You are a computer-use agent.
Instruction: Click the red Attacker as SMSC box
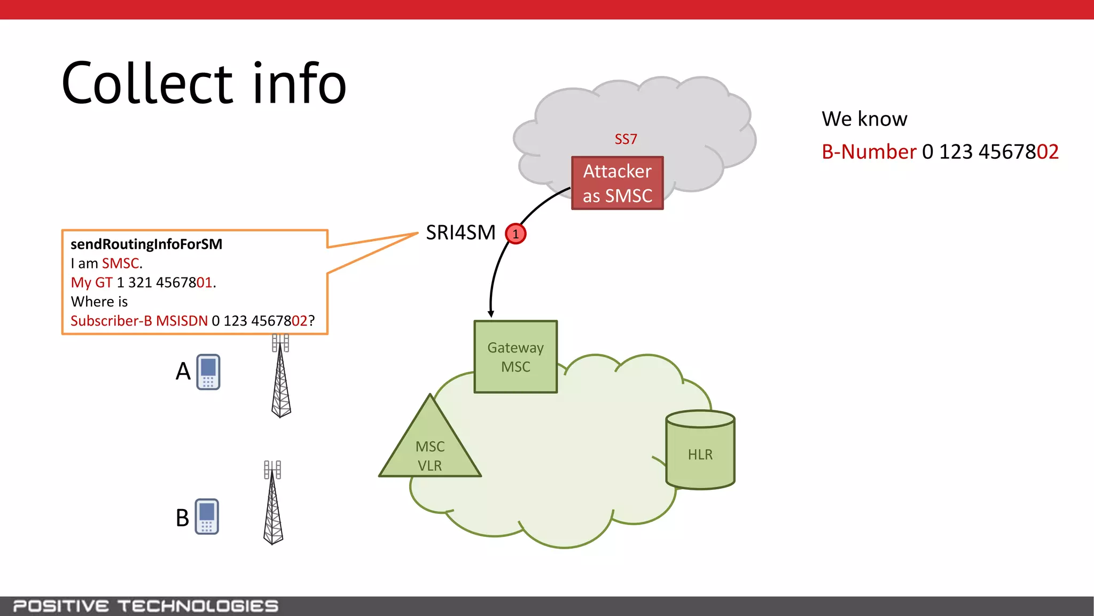(x=617, y=183)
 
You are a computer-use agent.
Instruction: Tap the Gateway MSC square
(x=515, y=357)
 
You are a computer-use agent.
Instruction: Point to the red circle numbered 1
(x=515, y=234)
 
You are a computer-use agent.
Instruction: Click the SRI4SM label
(x=460, y=233)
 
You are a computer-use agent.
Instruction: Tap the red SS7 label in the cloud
(x=626, y=139)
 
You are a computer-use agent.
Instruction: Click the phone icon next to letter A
(x=208, y=372)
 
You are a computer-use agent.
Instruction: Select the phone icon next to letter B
(x=207, y=517)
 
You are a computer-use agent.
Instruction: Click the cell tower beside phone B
(x=273, y=503)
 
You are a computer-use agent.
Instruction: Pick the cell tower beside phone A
(x=281, y=377)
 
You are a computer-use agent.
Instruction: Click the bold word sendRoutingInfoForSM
(x=146, y=244)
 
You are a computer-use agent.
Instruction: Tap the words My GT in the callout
(x=91, y=282)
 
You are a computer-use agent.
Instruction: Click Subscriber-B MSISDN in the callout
(x=139, y=321)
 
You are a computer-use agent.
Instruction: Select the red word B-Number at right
(x=869, y=152)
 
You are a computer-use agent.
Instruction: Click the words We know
(x=864, y=119)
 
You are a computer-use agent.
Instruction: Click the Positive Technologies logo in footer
(x=145, y=606)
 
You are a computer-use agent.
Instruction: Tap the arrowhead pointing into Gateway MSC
(x=490, y=314)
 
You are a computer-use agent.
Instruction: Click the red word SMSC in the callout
(x=120, y=264)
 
